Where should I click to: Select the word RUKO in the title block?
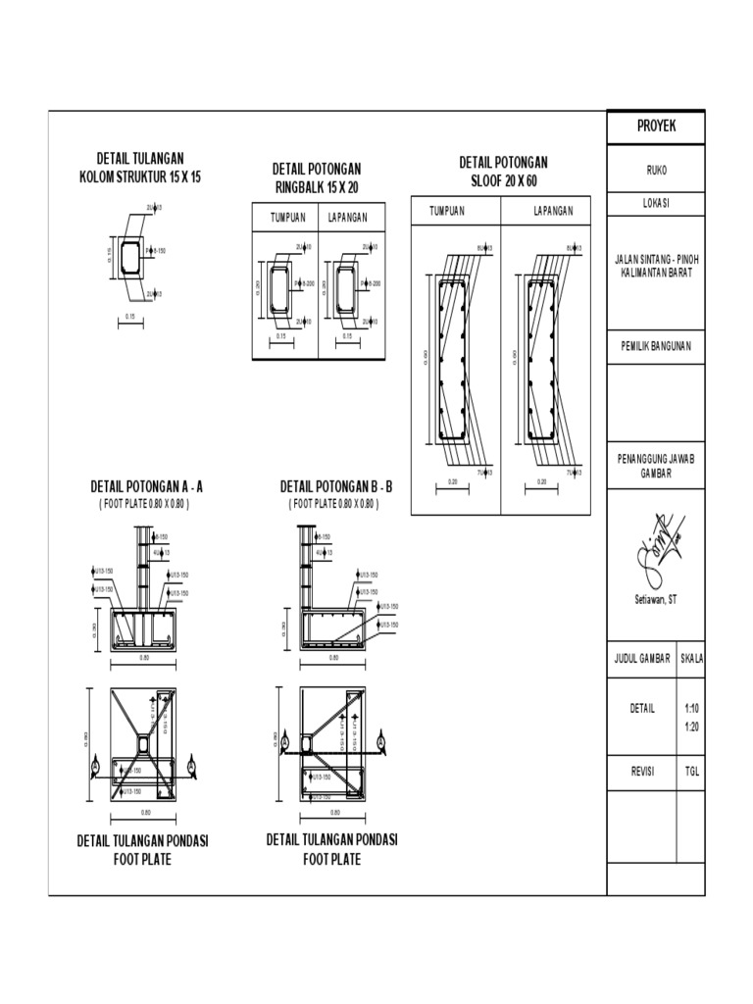656,170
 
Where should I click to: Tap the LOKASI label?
656,204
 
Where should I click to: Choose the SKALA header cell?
691,659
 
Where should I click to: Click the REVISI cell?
643,771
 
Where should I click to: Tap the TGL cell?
691,771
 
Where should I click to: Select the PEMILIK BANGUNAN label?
656,346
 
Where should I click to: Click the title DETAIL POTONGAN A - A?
146,486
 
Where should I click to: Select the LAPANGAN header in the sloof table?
552,211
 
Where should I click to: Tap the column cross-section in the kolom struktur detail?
131,258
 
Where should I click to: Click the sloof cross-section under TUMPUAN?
452,360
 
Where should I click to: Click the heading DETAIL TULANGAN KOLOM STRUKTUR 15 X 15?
139,168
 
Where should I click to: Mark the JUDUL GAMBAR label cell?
643,659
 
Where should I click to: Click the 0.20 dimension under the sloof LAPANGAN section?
541,482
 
